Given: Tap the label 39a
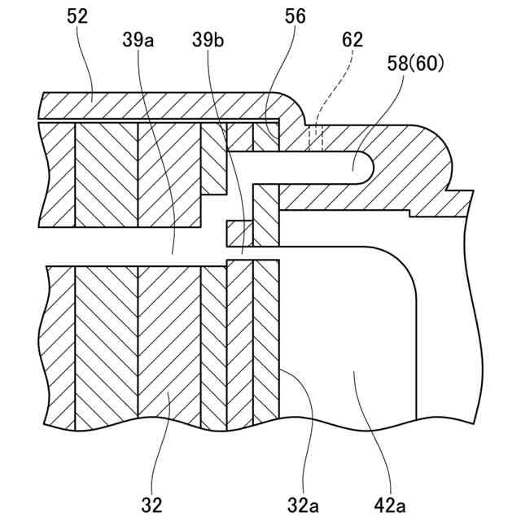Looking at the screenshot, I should [138, 38].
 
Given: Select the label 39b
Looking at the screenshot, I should [207, 38].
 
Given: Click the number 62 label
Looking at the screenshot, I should [352, 39].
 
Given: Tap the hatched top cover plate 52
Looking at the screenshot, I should [163, 106].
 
